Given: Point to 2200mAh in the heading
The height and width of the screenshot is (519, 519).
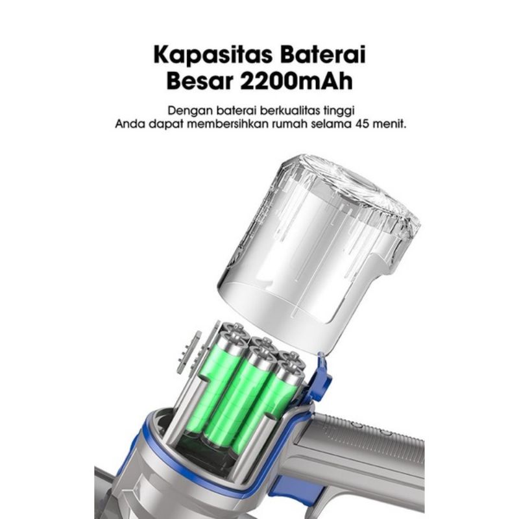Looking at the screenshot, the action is pyautogui.click(x=296, y=81).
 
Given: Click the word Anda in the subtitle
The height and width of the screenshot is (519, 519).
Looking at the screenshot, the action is pyautogui.click(x=129, y=125).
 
